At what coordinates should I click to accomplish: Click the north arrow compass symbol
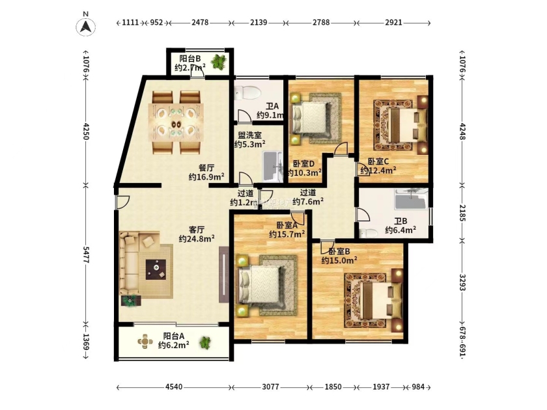click(x=85, y=26)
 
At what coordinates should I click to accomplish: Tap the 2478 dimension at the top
click(x=200, y=23)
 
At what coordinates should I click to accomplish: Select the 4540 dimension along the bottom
click(x=174, y=387)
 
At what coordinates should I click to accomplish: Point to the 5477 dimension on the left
click(x=86, y=255)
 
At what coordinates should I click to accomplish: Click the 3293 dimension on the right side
click(x=462, y=282)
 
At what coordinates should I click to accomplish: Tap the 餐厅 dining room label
click(x=206, y=168)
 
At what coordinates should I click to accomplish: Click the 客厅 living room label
click(x=197, y=230)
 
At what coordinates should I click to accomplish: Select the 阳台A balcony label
click(x=173, y=336)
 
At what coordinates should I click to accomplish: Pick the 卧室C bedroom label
click(x=378, y=162)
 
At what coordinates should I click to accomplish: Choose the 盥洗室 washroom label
click(x=250, y=135)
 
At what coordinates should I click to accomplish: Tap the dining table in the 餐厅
click(x=176, y=122)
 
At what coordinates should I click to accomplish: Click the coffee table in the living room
click(x=156, y=269)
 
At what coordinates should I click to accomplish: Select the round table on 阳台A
click(x=145, y=341)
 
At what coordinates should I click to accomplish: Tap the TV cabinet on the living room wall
click(x=224, y=275)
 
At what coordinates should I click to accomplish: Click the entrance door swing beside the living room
click(x=123, y=202)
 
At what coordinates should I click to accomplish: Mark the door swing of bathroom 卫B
click(x=363, y=214)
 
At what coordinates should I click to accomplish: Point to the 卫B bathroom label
click(x=400, y=221)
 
